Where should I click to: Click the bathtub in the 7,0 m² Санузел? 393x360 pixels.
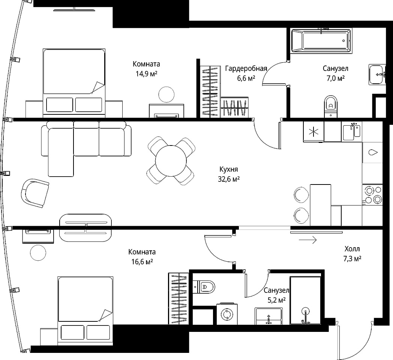coord(321,40)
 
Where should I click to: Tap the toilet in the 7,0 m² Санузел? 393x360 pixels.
coord(331,106)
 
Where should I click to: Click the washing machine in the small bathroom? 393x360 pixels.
coord(227,314)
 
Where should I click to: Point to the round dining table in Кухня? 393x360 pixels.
coord(171,161)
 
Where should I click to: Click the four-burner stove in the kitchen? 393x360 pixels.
coord(372,195)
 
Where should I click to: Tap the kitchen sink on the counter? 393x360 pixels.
coord(351,132)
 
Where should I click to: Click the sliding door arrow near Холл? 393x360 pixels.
coord(308,240)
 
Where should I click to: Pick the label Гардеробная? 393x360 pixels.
coord(246,69)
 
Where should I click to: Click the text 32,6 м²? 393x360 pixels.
coord(229,179)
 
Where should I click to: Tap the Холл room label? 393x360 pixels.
coord(352,249)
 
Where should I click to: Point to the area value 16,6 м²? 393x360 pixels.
coord(142,262)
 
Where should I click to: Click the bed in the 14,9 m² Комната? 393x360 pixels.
coord(74,83)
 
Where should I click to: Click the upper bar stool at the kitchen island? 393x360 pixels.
coord(301,195)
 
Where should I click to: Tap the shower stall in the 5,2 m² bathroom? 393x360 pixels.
coord(305,301)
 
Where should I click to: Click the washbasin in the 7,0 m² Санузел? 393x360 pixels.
coord(377,75)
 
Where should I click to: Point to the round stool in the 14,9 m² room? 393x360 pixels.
coord(166,94)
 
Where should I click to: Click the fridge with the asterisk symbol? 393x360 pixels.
coord(313,132)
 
